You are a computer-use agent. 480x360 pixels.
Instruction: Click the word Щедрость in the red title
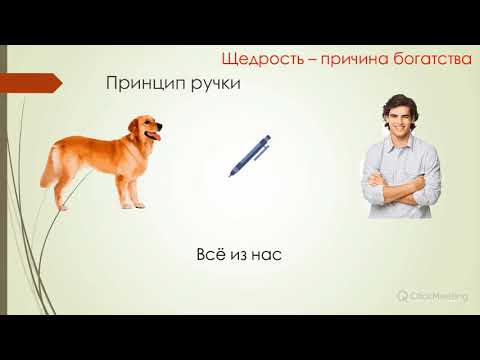click(x=260, y=60)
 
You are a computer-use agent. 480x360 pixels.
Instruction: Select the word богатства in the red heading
click(x=431, y=60)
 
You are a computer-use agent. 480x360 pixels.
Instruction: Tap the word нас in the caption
click(x=267, y=255)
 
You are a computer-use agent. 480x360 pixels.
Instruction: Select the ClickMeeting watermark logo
click(x=401, y=297)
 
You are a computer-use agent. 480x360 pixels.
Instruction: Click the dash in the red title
click(x=309, y=60)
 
